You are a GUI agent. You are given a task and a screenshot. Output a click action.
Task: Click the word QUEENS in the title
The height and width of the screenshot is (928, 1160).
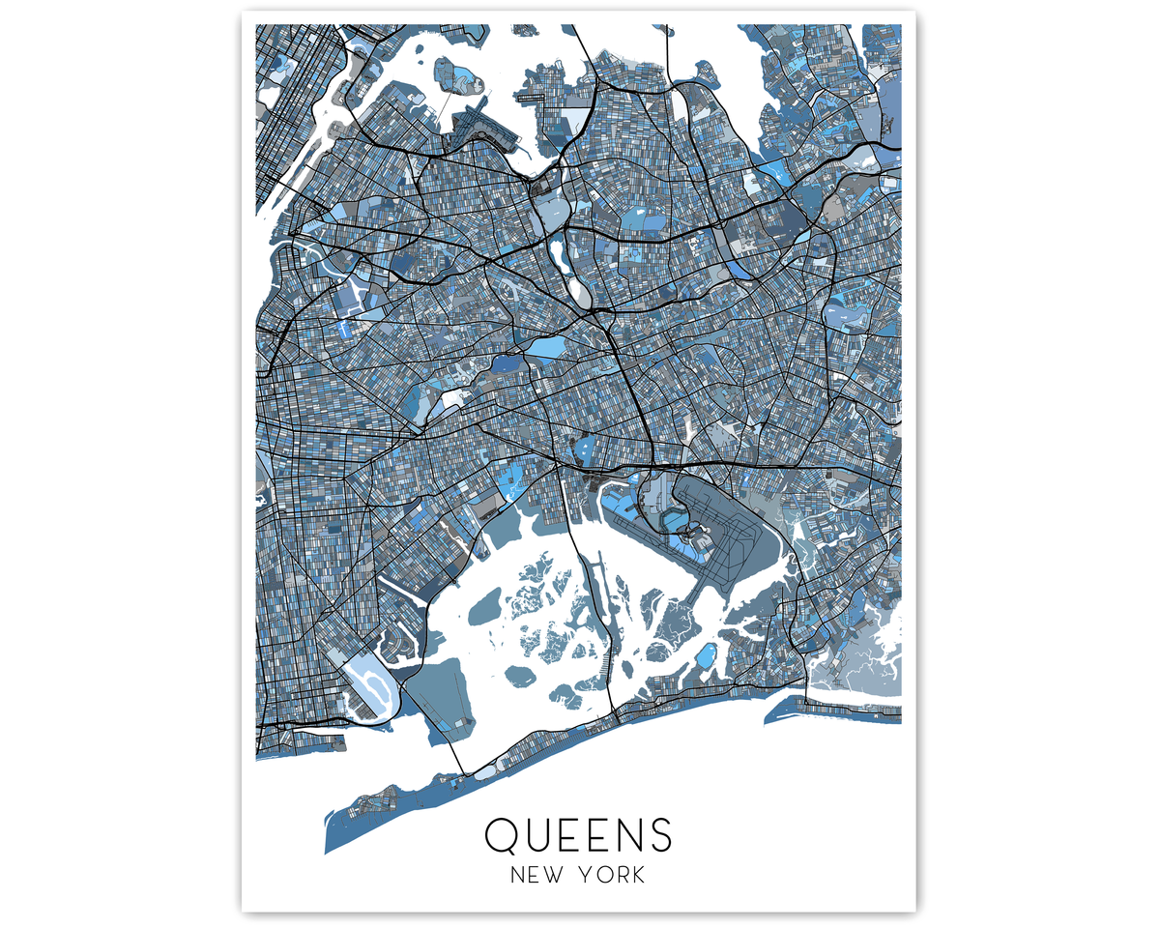(x=578, y=834)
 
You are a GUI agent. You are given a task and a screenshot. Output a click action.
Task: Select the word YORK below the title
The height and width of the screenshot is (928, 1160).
(x=613, y=876)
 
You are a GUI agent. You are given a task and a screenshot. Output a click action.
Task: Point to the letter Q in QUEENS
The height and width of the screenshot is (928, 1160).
(x=504, y=834)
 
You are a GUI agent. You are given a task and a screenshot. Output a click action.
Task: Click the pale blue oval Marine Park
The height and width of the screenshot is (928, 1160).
(x=366, y=682)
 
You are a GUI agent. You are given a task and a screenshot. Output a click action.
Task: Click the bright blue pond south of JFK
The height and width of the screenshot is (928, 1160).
(x=705, y=656)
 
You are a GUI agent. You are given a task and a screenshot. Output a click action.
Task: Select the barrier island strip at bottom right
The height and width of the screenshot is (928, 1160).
(x=831, y=711)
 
